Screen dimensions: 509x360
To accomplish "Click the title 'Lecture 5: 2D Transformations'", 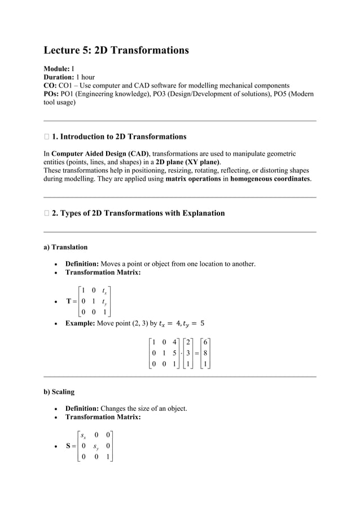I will tap(116, 51).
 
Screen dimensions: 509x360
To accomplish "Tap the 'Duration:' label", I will tap(59, 77).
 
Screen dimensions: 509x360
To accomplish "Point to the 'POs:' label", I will tap(52, 94).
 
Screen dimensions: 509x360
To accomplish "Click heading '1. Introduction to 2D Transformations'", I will tap(118, 137).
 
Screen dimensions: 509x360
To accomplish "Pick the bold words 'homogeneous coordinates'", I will tap(270, 179).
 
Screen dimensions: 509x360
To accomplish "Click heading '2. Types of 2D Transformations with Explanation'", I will tap(138, 213).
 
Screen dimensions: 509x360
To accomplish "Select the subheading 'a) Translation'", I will tap(65, 247).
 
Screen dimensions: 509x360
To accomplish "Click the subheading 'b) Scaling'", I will tap(59, 392).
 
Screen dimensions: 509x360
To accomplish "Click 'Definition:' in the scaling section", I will tap(82, 409).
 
